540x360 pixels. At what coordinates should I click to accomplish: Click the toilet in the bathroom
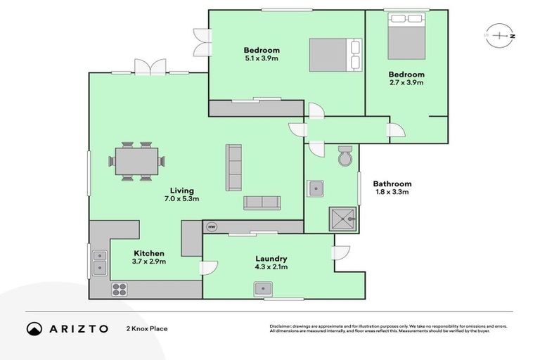[345, 157]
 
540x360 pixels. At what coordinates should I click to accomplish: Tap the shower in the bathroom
[342, 219]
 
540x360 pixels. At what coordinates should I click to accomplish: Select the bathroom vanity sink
[316, 188]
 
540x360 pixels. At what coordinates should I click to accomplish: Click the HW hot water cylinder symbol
[212, 227]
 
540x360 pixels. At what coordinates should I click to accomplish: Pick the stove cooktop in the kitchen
[119, 289]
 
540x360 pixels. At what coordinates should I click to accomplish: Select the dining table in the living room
[136, 162]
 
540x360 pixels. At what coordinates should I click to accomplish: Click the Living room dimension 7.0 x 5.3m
[181, 199]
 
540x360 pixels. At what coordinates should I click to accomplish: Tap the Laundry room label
[271, 259]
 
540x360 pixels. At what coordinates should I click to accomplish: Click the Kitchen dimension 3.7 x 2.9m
[149, 262]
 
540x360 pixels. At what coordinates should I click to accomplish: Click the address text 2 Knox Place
[147, 328]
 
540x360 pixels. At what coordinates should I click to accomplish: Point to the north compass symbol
[500, 34]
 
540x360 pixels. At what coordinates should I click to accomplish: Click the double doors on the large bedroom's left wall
[203, 42]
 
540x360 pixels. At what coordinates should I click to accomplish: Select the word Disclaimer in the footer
[282, 326]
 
